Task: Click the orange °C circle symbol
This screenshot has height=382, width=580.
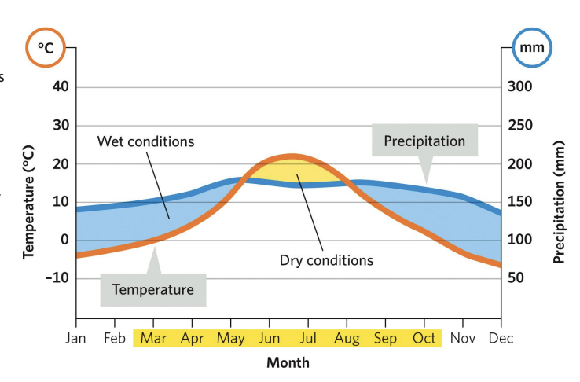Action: (x=46, y=49)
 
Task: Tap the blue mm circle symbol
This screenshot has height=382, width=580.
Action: (x=532, y=49)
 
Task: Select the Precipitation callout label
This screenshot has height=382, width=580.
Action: (x=424, y=141)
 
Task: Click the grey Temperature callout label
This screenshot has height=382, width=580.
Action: (x=152, y=289)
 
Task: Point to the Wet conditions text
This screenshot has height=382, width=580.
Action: (x=145, y=142)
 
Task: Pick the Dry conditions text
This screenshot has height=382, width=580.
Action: (x=326, y=259)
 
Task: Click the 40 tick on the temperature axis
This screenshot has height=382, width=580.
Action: (x=61, y=87)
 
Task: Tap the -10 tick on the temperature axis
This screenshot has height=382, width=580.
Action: (x=57, y=278)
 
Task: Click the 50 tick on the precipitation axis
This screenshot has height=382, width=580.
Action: (x=517, y=278)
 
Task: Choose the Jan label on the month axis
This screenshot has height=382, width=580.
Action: (x=76, y=339)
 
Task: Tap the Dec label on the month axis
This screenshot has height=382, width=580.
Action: (x=501, y=339)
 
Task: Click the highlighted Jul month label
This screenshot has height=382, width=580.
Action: (x=307, y=339)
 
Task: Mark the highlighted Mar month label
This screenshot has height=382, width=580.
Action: (x=153, y=339)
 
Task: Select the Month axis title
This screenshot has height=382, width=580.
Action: (x=288, y=362)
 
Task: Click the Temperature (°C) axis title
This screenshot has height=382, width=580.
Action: (x=28, y=201)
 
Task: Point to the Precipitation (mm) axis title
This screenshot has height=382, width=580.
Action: (x=559, y=201)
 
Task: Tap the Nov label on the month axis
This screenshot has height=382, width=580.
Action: (x=462, y=339)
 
